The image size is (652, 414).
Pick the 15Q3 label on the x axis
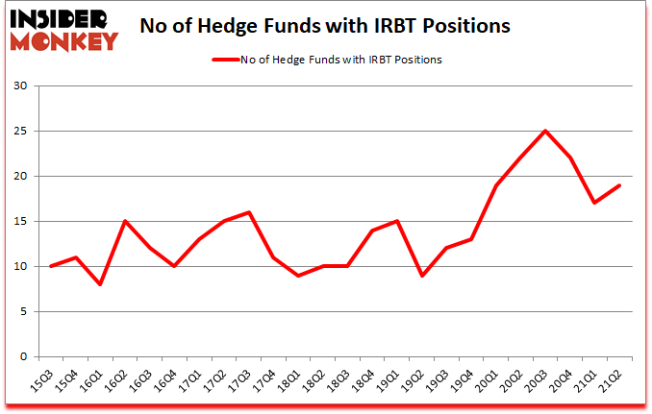(44, 380)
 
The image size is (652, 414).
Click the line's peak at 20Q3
(545, 132)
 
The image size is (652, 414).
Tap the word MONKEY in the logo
(65, 40)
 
